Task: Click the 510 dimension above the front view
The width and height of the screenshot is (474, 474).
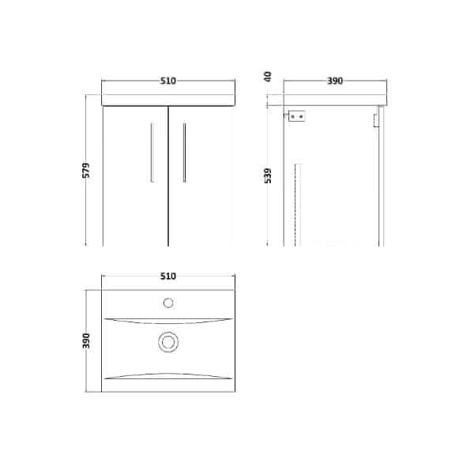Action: [x=167, y=81]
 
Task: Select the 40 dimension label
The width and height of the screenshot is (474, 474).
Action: [x=268, y=77]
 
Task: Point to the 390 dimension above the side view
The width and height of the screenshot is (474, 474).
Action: [x=335, y=81]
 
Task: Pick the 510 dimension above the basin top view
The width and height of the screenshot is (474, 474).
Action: [x=167, y=276]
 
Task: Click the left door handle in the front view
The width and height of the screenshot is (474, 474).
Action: [x=152, y=152]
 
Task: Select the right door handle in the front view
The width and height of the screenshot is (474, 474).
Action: [x=183, y=152]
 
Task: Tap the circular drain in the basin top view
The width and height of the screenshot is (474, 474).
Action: [x=167, y=342]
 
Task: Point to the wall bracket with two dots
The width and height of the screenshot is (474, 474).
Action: [x=297, y=116]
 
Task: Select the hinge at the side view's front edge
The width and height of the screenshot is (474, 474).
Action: [x=375, y=119]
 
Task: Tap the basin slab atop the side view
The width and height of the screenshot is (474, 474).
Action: [x=335, y=103]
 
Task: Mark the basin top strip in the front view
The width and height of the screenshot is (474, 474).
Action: [x=167, y=101]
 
